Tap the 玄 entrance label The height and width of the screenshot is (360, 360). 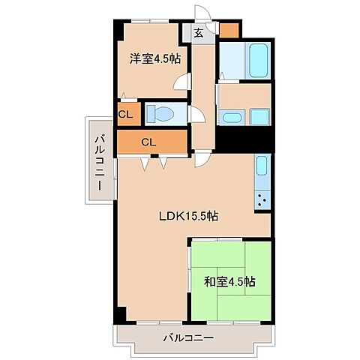point(198,32)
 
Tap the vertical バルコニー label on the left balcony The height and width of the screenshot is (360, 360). point(99,158)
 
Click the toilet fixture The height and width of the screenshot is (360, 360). point(161,114)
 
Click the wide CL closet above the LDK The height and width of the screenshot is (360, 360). point(149,141)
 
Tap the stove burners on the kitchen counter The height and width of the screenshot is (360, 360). point(263,199)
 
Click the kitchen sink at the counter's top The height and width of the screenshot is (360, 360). point(261,166)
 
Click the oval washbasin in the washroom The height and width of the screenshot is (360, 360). point(229,117)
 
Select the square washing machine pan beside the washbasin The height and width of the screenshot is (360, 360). point(259,117)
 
